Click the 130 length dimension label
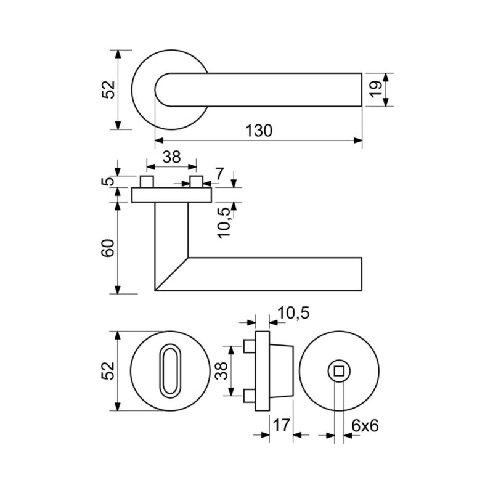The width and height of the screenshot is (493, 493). point(258,131)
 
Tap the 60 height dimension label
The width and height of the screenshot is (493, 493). point(108,248)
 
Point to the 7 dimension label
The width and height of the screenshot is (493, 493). point(219,174)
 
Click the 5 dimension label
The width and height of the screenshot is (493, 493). point(108,181)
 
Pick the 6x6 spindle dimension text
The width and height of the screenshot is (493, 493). point(365,426)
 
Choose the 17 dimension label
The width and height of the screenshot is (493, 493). point(281,425)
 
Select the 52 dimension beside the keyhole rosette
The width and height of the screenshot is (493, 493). point(108,371)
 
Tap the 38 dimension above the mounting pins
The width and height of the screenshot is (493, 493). point(172,157)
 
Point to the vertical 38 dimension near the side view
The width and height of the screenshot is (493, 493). point(222,371)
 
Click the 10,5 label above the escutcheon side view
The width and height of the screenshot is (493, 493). point(293,313)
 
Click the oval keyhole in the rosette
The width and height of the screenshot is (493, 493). point(171,371)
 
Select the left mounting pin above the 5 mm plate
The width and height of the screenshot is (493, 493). point(147,182)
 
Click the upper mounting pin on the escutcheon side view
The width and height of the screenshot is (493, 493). point(250,346)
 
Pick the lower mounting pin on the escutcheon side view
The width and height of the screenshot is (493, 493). point(250,396)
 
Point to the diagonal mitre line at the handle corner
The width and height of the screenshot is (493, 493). point(171,274)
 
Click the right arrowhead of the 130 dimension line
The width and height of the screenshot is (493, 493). point(358,141)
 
